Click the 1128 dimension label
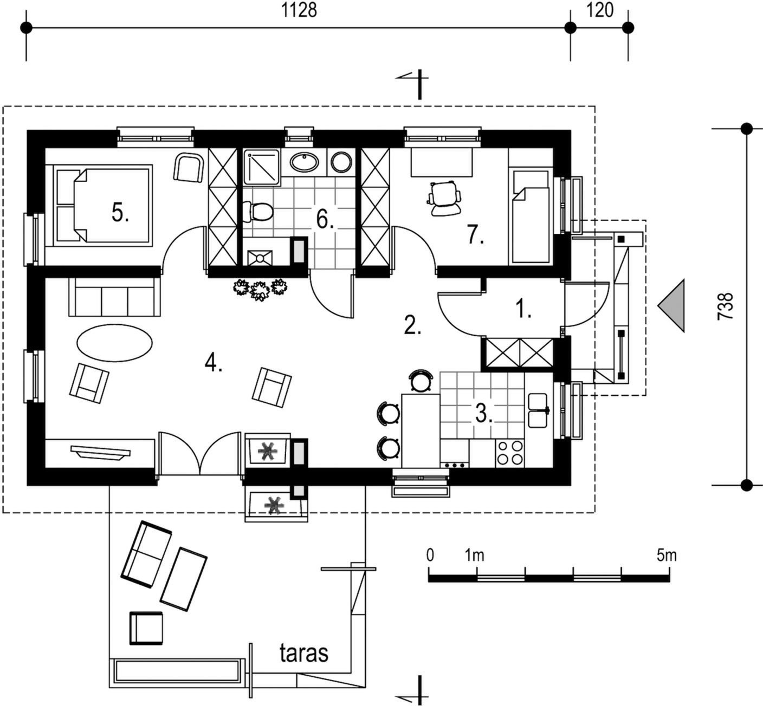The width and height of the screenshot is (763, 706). click(299, 10)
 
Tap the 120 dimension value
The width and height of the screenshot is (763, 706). click(600, 10)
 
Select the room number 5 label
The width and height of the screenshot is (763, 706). click(120, 213)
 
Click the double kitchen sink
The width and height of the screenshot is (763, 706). click(539, 410)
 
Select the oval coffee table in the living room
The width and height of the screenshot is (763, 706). click(114, 343)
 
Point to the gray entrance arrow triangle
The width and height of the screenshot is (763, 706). click(671, 305)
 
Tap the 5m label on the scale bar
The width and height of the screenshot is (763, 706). click(667, 555)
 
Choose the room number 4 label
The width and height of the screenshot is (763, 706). click(213, 363)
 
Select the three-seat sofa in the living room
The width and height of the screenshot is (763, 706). click(114, 297)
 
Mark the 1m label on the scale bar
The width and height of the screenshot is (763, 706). click(475, 555)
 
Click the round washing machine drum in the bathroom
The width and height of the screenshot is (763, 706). click(341, 162)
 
